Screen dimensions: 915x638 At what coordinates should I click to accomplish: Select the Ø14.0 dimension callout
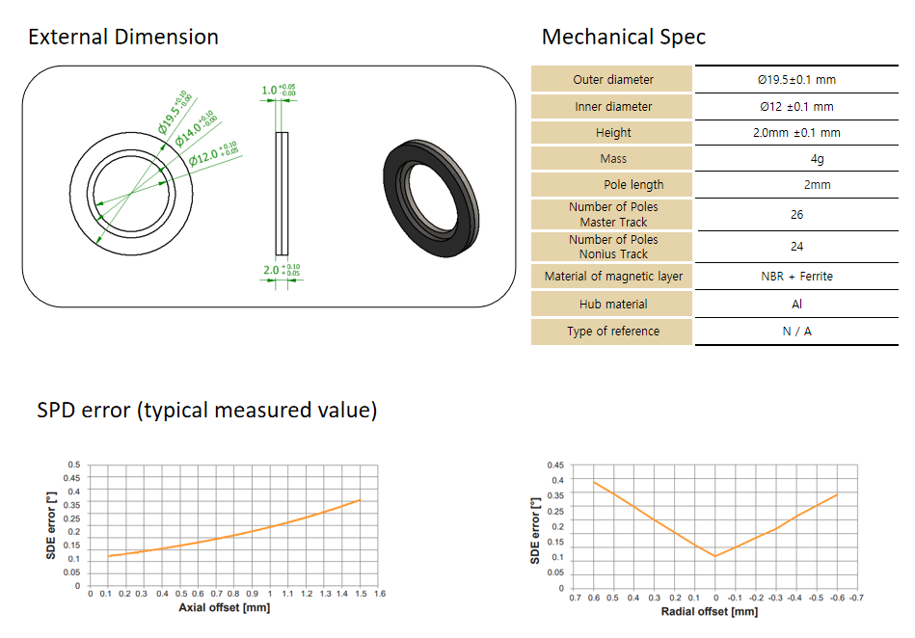coord(196,128)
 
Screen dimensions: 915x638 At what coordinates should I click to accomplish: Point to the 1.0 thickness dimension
coord(279,90)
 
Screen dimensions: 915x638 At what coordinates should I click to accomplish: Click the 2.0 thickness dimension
coord(282,270)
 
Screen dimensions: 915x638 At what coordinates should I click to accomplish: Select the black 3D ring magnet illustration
coord(431,198)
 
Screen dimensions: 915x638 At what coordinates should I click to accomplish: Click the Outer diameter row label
coord(612,80)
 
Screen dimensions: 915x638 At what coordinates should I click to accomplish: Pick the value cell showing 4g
coord(817,159)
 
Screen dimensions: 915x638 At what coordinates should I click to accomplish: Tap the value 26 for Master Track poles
coord(796,215)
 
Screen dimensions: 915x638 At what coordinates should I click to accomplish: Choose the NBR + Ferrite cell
coord(796,277)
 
